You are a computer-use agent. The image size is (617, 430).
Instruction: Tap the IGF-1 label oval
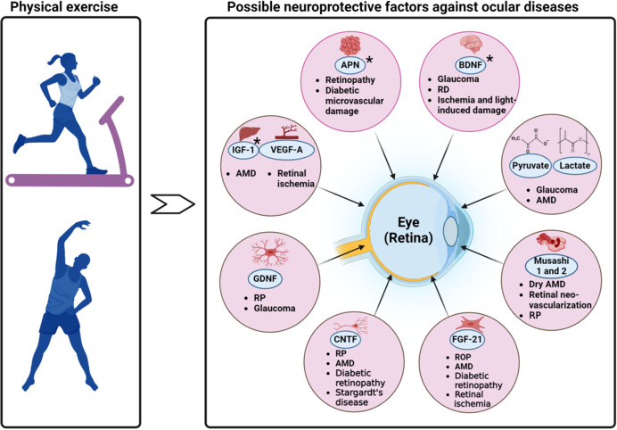[x=242, y=151]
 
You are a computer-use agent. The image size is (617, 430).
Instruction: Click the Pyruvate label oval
[x=529, y=166]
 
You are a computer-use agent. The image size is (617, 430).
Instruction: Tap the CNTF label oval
[x=346, y=339]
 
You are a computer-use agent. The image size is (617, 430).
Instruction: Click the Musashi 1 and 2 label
[x=551, y=267]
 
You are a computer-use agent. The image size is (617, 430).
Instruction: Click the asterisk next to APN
[x=370, y=61]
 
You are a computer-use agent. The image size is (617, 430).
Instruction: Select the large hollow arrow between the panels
[x=173, y=204]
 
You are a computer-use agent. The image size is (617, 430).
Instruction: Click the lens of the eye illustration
[x=451, y=233]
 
